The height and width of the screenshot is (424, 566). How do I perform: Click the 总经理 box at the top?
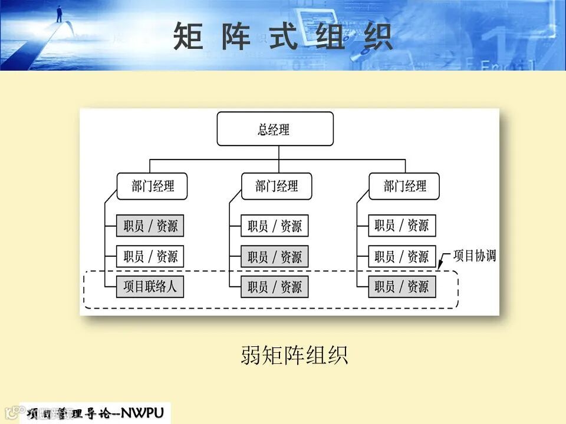coord(275,129)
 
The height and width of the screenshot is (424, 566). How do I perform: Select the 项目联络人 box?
coord(150,287)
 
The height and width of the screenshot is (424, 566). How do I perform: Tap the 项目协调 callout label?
coord(474,256)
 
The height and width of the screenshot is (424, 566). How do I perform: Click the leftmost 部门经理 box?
coord(152,186)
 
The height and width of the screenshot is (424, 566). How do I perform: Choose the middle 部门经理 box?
coord(277,186)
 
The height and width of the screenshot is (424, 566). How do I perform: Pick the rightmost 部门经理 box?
coord(404,186)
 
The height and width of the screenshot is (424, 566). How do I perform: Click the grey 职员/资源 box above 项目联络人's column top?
coord(150,226)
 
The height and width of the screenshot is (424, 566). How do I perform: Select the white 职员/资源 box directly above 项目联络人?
coord(150,256)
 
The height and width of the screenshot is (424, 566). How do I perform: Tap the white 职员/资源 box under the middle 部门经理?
coord(274,226)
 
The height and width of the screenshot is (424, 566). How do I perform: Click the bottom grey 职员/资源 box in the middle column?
coord(274,287)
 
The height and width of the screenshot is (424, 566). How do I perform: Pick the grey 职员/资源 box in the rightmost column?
coord(402,287)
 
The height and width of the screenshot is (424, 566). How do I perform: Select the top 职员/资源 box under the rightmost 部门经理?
coord(402,226)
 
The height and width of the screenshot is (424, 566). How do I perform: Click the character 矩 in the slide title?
coord(188,37)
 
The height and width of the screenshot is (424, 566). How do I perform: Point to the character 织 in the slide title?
coord(378,37)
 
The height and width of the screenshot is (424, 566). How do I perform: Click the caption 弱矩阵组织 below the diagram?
coord(294,355)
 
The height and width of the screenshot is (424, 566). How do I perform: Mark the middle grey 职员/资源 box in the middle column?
coord(274,256)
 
